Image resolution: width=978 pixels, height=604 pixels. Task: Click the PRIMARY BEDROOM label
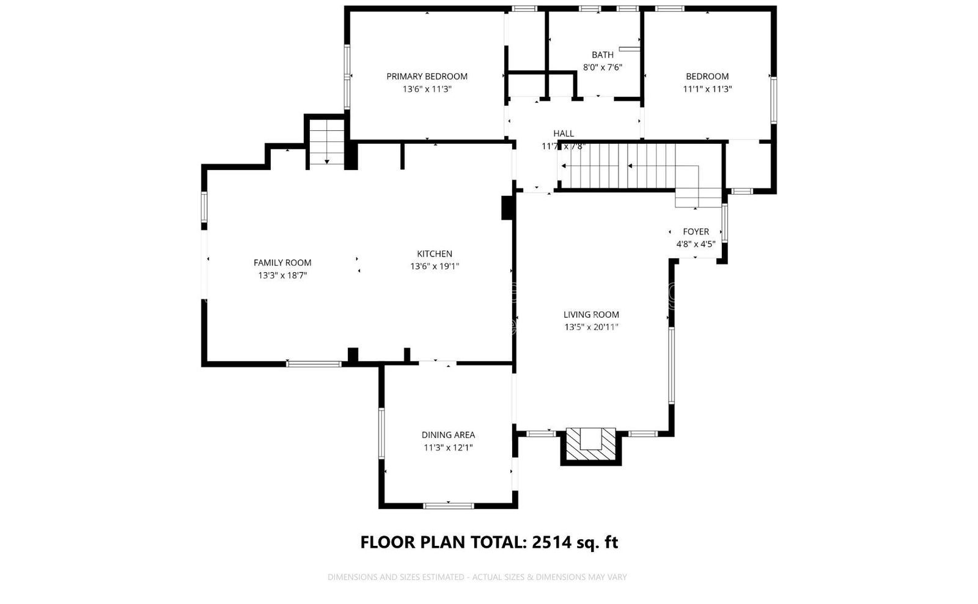(427, 76)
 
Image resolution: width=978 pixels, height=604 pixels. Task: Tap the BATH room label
(602, 55)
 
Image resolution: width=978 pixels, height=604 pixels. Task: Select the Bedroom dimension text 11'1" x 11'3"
(707, 89)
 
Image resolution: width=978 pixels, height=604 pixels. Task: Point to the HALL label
(563, 133)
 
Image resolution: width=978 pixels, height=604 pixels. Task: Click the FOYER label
(696, 232)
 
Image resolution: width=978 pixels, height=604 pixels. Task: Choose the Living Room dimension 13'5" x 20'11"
(591, 327)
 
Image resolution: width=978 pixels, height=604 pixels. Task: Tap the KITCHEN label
(435, 254)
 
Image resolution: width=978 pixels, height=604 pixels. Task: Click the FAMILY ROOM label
(282, 263)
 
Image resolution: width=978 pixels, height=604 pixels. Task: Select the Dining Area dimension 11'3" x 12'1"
(448, 447)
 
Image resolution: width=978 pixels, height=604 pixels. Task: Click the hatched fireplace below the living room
(590, 445)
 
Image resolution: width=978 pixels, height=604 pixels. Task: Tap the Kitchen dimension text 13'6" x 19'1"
(435, 266)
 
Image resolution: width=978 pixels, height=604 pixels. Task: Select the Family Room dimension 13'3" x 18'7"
(282, 275)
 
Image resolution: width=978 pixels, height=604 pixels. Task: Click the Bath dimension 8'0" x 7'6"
(602, 67)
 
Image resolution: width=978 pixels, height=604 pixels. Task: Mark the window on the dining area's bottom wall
(449, 505)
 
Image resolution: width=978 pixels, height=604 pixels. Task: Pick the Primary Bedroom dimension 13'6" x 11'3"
(427, 89)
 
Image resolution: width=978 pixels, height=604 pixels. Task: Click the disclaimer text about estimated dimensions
(477, 577)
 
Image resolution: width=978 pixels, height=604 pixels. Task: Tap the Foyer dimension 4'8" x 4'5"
(696, 244)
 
